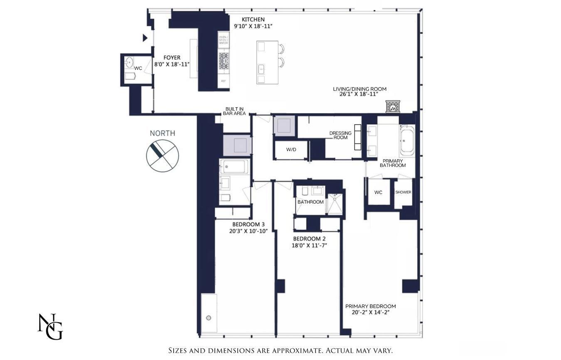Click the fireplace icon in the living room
click(392, 106)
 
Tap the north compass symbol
click(162, 156)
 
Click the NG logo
click(50, 327)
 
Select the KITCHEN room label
click(253, 20)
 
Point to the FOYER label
click(172, 58)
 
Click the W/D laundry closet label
click(291, 150)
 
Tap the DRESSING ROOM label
click(340, 135)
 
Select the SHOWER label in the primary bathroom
click(403, 192)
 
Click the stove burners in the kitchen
click(224, 61)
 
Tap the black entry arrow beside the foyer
click(145, 38)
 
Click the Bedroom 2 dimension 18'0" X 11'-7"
click(309, 245)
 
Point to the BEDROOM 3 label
click(249, 224)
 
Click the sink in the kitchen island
click(262, 68)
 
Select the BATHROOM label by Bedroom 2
click(310, 202)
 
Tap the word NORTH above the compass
click(162, 133)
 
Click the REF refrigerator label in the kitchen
click(224, 81)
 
